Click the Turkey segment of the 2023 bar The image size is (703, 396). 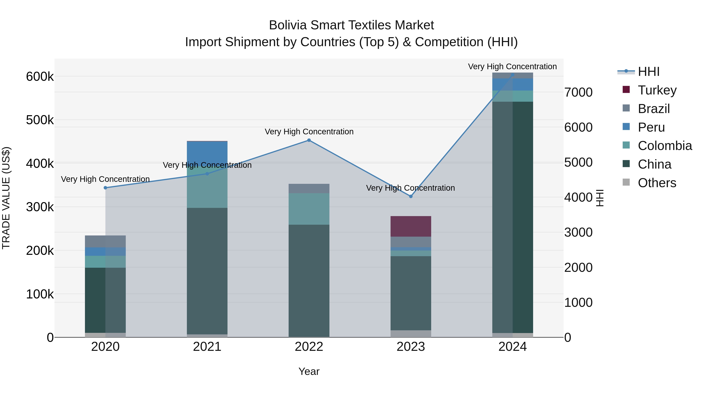411,226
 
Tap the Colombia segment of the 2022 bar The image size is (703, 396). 309,209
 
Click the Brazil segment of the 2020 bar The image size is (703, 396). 105,241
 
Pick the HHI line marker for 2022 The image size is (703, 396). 309,140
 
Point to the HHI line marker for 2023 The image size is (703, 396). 411,196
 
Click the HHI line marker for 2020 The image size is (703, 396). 105,188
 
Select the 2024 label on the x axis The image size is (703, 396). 513,347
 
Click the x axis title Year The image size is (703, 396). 309,371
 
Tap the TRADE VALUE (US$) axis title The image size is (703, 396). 6,198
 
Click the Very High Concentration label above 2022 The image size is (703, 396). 309,132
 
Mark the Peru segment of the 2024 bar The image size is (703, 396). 513,84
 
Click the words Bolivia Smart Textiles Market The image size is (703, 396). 351,25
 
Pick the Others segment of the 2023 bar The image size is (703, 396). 411,334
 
